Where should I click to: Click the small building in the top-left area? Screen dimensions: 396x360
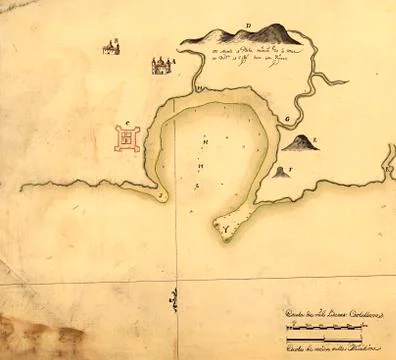click(112, 45)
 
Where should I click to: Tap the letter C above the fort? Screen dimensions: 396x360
click(129, 126)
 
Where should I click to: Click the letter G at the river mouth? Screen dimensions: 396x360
click(287, 119)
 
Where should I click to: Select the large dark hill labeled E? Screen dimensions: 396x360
click(298, 145)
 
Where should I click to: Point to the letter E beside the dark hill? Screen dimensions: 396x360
click(315, 140)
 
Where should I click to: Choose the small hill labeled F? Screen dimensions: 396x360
click(279, 172)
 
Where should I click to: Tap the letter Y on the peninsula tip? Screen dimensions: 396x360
click(225, 230)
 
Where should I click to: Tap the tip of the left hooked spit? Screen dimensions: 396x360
click(159, 197)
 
